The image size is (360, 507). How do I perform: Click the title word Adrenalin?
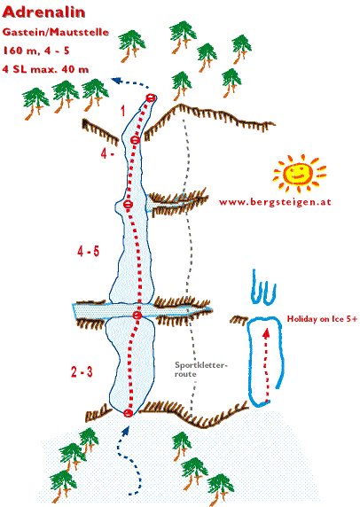pos(43,12)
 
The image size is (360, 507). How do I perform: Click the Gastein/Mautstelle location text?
pos(56,32)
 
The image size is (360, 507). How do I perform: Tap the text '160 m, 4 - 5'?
pos(36,51)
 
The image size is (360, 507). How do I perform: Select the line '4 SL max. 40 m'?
pos(45,69)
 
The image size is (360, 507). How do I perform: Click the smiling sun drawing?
pos(299,173)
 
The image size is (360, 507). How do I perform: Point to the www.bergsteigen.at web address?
pos(275,202)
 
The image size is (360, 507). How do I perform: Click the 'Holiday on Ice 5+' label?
pos(322,319)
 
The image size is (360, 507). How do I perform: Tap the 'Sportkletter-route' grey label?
pos(201,370)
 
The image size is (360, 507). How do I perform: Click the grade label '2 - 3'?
pos(82,372)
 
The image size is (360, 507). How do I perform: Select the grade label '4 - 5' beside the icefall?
pos(89,251)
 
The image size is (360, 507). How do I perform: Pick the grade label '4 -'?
pos(107,153)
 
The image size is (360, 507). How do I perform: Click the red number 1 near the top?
pos(122,111)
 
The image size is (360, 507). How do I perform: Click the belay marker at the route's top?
pos(151,97)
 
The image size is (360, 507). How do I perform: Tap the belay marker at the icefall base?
pos(129,413)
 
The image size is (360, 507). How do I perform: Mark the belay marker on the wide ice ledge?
pos(137,316)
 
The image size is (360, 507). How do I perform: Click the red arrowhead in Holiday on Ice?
pos(266,332)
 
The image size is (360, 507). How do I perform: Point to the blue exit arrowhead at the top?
pos(115,80)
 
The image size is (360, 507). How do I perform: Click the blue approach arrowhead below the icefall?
pos(127,430)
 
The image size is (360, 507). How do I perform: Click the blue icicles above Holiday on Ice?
pos(264,287)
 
